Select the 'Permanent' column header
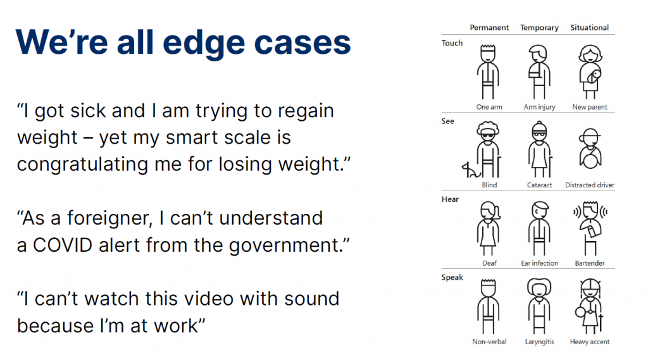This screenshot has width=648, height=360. pyautogui.click(x=489, y=28)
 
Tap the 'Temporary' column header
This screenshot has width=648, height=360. pyautogui.click(x=539, y=28)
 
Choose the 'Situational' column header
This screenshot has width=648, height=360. pyautogui.click(x=589, y=28)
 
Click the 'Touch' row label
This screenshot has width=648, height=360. pyautogui.click(x=452, y=43)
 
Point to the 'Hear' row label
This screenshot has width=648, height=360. pyautogui.click(x=450, y=199)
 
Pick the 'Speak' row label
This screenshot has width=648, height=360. pyautogui.click(x=452, y=277)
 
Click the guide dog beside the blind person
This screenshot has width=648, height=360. pyautogui.click(x=470, y=170)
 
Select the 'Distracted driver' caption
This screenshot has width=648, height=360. pyautogui.click(x=590, y=185)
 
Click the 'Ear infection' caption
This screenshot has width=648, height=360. pyautogui.click(x=539, y=263)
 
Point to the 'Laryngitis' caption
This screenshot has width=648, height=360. pyautogui.click(x=539, y=342)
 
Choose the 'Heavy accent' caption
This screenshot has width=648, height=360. pyautogui.click(x=590, y=342)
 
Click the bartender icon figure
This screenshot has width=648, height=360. pyautogui.click(x=590, y=228)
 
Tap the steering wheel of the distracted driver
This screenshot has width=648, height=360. pyautogui.click(x=590, y=158)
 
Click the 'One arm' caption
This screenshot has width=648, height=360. pyautogui.click(x=489, y=107)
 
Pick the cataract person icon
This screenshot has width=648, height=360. pyautogui.click(x=540, y=149)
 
